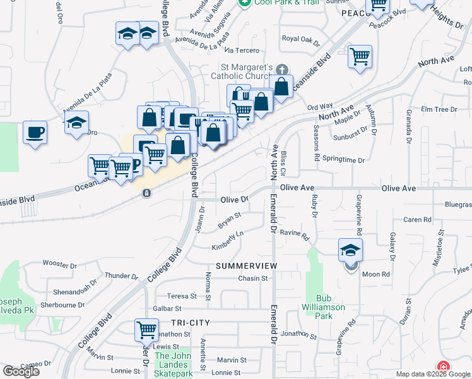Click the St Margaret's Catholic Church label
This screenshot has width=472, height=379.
[x=246, y=72]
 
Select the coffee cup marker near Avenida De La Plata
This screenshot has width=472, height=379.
[x=35, y=133]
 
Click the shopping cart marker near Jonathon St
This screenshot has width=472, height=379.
[x=146, y=329]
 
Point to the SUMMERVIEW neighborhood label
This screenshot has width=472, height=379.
[x=246, y=266]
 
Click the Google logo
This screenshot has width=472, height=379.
[x=21, y=371]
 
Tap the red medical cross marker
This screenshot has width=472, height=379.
[x=444, y=367]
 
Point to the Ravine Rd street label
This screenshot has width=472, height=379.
[x=295, y=235]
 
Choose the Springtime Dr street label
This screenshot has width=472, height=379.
[x=343, y=160]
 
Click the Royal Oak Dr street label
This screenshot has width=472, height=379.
[x=301, y=39]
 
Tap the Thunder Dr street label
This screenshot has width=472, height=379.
[x=121, y=276]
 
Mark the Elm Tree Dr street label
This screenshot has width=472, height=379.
[x=439, y=109]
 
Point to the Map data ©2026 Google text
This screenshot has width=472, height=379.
[x=433, y=374]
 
